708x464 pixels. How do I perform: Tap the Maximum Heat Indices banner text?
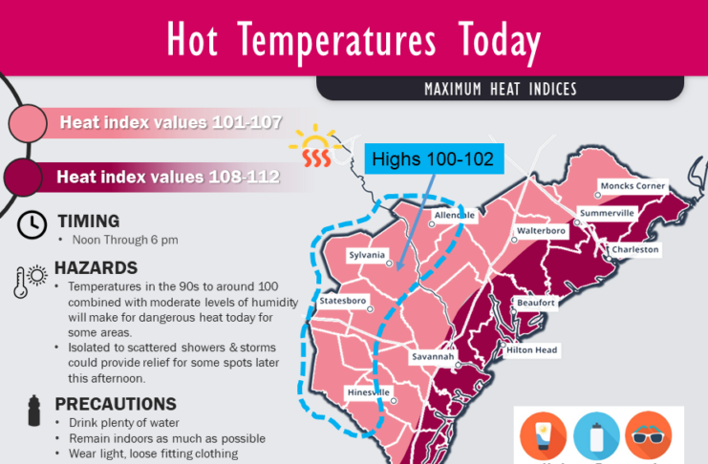click(x=501, y=90)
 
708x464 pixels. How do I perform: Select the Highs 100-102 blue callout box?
click(x=432, y=158)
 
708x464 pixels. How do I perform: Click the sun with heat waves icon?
click(x=311, y=147)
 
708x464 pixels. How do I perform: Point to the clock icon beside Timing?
click(x=32, y=223)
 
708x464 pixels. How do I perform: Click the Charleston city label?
click(x=635, y=249)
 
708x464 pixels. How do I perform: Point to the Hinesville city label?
click(x=366, y=392)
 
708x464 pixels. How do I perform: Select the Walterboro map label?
click(x=542, y=231)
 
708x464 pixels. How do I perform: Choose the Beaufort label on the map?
click(x=535, y=303)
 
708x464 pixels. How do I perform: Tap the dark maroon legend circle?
click(x=24, y=177)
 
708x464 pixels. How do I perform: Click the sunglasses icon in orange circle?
click(x=649, y=435)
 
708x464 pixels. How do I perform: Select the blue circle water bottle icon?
click(x=596, y=435)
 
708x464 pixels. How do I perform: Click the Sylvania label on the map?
click(x=367, y=256)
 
